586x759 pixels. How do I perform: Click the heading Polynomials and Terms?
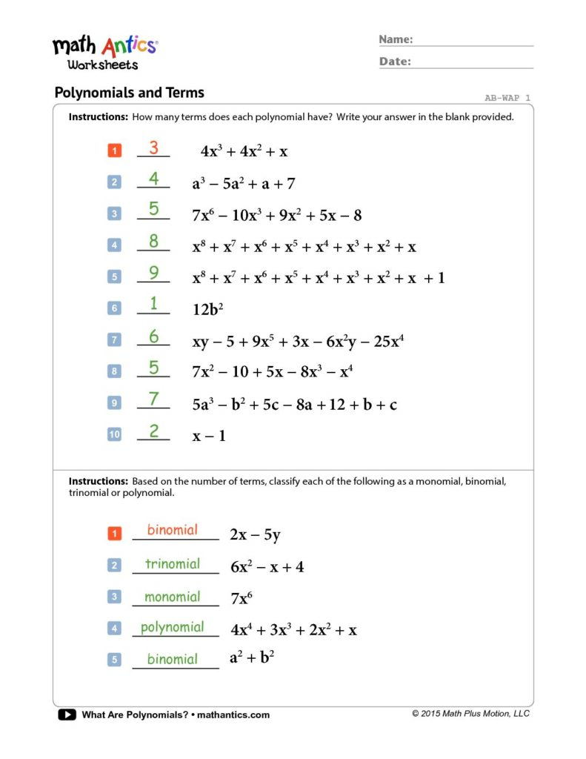[130, 93]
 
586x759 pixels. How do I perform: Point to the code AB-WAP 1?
[507, 98]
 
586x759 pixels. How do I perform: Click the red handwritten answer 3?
[153, 148]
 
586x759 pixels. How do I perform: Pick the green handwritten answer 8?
[153, 241]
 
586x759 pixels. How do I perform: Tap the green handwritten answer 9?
[153, 273]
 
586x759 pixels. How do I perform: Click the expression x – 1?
[210, 436]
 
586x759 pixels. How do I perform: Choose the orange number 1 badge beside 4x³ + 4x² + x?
[114, 151]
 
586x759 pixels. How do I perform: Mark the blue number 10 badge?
[114, 435]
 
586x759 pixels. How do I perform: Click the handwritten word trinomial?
[173, 564]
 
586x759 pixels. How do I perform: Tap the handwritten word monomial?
[173, 597]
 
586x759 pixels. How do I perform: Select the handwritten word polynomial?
[173, 627]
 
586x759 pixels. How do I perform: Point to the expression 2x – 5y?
[256, 535]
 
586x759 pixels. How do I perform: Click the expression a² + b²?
[253, 657]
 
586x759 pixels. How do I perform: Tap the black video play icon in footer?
[67, 715]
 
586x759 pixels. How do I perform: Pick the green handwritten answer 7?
[153, 399]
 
